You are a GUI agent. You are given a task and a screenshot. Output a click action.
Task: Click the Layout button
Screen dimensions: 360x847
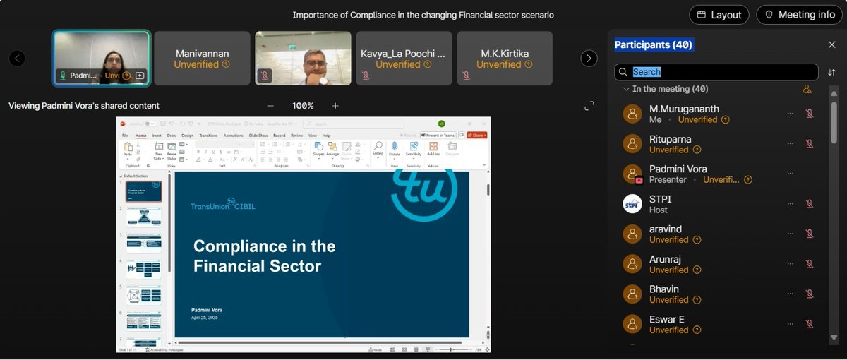click(x=719, y=15)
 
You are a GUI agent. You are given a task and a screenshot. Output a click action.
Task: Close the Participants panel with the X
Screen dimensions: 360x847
click(x=831, y=44)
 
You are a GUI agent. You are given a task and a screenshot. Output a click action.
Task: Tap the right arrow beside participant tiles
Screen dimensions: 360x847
click(x=589, y=59)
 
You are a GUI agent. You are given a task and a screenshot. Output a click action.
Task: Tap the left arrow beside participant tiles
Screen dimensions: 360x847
click(x=17, y=59)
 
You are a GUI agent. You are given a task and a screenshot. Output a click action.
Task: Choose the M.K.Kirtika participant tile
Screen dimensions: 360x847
click(x=504, y=59)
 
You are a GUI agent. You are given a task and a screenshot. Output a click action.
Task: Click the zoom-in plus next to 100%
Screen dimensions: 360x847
click(x=335, y=106)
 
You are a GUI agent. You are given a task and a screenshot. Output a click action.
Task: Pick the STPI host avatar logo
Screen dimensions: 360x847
click(x=632, y=204)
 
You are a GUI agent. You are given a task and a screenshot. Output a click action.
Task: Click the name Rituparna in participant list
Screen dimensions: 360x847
click(x=670, y=139)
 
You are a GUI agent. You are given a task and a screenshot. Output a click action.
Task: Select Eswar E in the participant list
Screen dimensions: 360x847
click(x=667, y=320)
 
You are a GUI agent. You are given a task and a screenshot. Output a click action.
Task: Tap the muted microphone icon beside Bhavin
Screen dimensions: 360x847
click(x=810, y=294)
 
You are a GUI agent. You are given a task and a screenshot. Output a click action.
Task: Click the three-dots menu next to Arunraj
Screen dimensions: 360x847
click(x=791, y=264)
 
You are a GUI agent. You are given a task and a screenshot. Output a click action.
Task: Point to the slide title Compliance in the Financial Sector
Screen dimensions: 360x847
click(x=264, y=256)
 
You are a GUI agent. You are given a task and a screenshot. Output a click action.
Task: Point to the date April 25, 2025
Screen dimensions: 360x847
click(x=205, y=318)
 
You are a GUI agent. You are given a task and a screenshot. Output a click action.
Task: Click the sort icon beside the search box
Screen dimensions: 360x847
click(x=831, y=72)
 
